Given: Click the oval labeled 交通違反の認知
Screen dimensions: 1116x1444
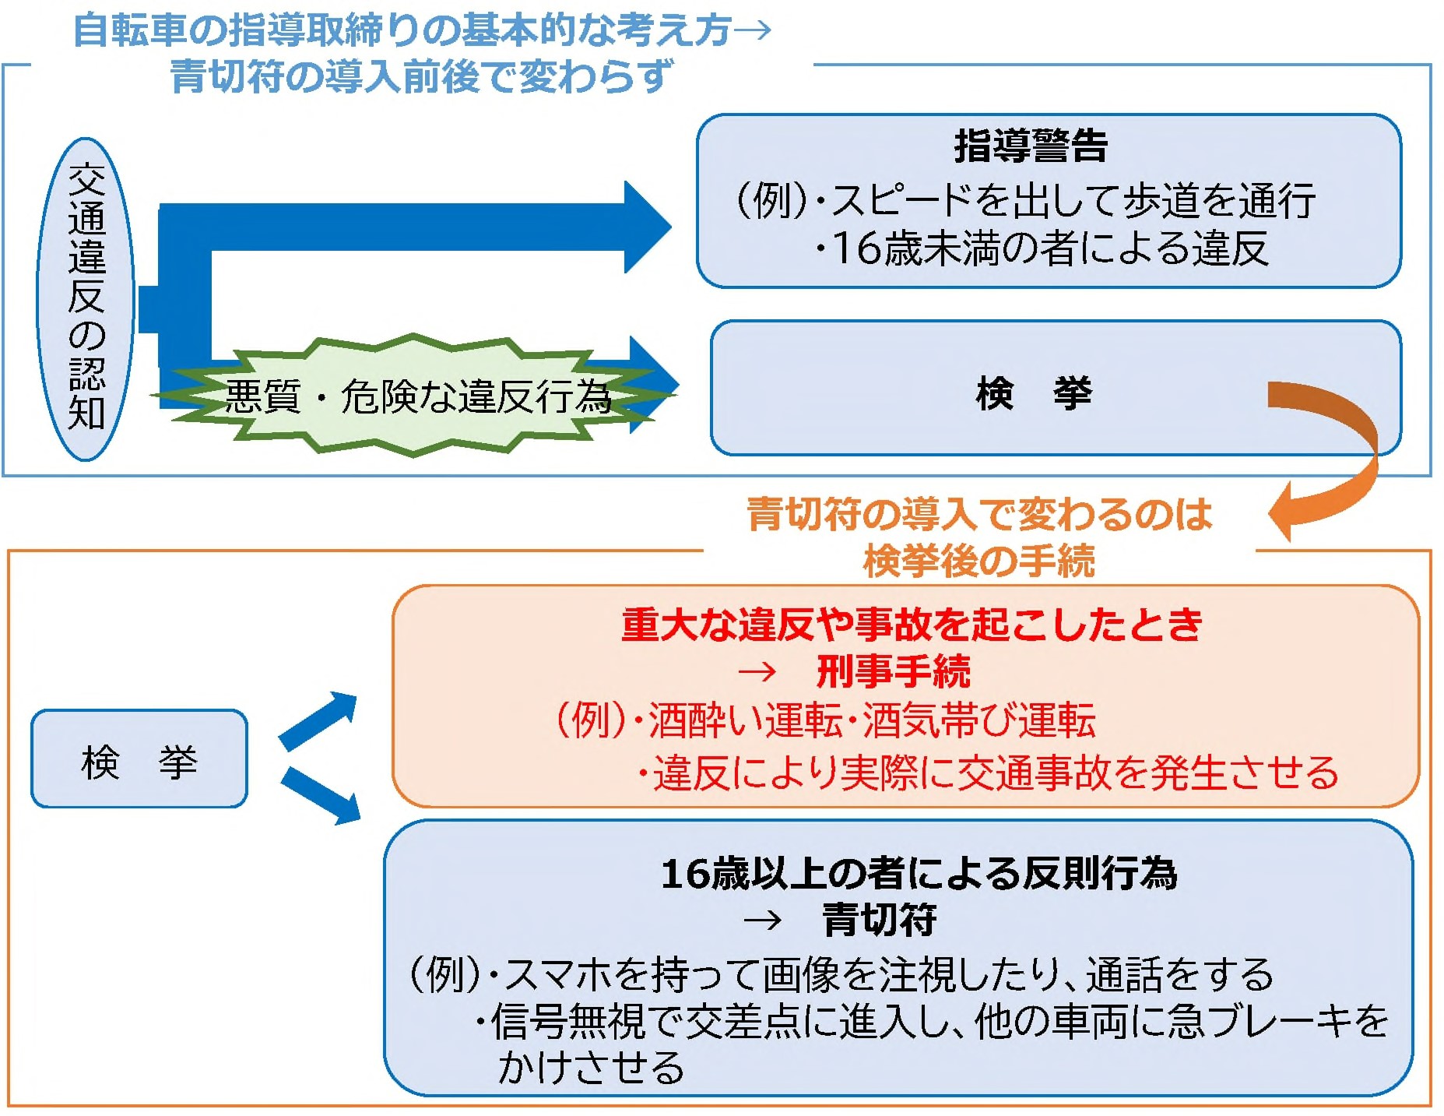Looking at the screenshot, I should point(86,299).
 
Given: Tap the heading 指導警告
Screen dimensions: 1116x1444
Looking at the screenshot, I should point(1030,146).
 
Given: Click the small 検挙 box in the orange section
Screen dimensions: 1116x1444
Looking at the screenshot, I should point(139,759).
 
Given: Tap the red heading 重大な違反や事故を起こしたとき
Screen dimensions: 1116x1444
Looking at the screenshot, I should point(912,625).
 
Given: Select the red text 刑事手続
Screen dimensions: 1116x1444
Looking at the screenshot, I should point(893,671).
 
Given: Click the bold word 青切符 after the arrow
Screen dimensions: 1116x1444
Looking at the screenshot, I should point(880,921).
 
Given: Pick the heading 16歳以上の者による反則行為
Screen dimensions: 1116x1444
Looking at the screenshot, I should point(919,873).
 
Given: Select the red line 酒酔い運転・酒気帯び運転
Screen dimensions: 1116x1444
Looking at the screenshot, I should point(871,720).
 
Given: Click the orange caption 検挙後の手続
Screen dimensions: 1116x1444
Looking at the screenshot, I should point(978,561).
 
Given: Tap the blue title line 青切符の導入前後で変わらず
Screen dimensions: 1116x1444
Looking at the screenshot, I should point(421,76).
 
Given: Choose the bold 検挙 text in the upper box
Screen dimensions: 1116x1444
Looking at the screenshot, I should point(1033,393).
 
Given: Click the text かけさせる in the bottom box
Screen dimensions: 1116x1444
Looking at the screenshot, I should point(591,1068).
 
